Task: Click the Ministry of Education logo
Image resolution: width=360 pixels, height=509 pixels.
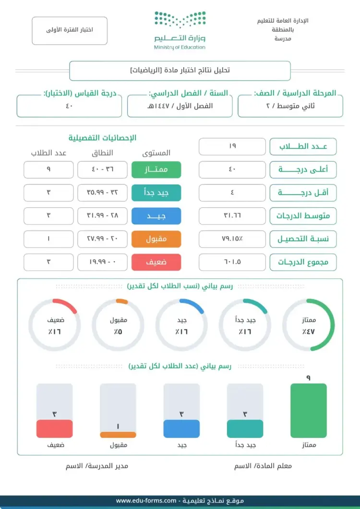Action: tap(180, 30)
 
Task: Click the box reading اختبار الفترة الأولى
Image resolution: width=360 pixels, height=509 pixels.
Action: tap(70, 30)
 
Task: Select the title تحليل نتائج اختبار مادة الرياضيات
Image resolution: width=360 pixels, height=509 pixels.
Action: tap(180, 70)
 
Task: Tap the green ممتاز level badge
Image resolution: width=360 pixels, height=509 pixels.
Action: tap(156, 169)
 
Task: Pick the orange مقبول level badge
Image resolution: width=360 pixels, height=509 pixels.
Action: tap(156, 239)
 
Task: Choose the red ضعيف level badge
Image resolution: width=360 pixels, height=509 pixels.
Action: tap(156, 262)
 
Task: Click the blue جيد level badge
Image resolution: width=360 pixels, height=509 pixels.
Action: tap(156, 216)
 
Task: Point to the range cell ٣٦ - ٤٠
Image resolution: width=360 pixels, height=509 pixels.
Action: tap(102, 169)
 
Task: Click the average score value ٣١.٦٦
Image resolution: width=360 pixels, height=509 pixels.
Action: tap(232, 216)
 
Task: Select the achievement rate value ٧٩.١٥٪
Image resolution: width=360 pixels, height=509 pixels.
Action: tap(232, 239)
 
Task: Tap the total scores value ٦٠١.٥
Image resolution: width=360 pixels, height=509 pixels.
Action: tap(232, 262)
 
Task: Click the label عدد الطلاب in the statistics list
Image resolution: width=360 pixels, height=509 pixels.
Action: tap(303, 147)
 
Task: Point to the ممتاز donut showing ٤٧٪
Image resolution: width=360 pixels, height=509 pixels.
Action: tap(309, 325)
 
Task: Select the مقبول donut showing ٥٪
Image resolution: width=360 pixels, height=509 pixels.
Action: tap(118, 325)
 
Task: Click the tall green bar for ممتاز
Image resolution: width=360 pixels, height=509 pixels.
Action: tap(309, 410)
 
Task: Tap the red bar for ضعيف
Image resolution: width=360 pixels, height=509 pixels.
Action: tap(54, 428)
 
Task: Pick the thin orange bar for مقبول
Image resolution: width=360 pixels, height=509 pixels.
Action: tap(118, 435)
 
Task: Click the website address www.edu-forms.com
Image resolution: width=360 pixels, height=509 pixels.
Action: tap(146, 501)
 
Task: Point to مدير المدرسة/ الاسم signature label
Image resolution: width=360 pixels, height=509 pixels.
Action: tap(97, 466)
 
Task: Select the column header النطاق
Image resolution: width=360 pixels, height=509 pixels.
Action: tap(102, 153)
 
